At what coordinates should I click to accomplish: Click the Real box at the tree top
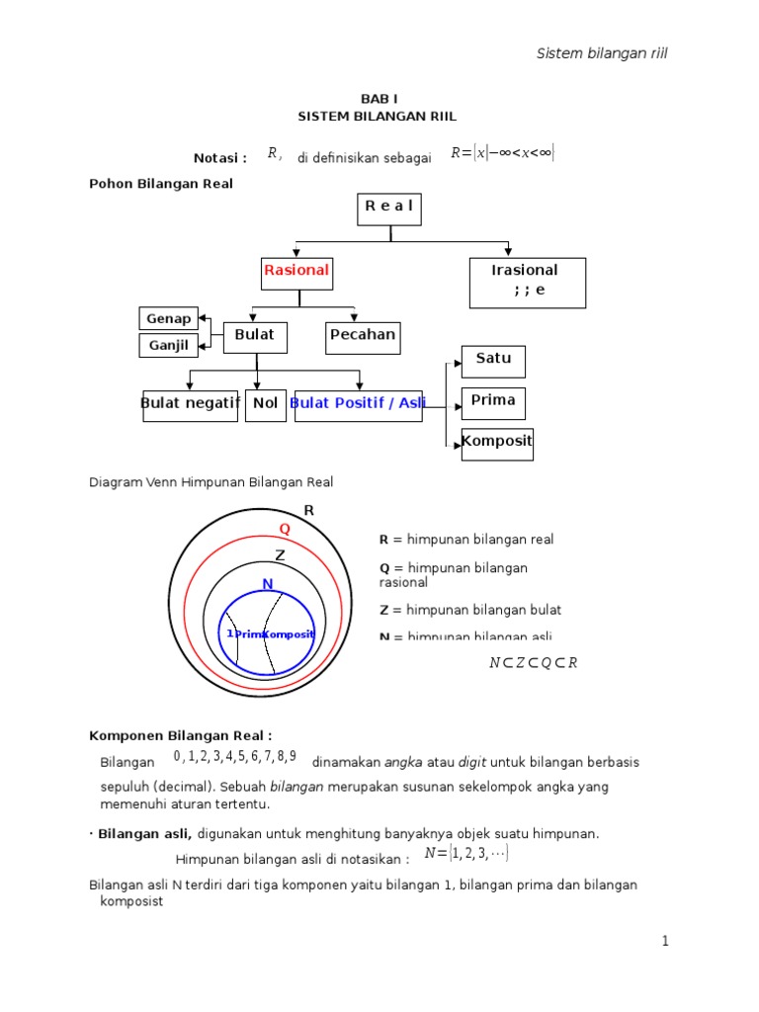coord(389,209)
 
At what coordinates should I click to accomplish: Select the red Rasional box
coord(296,271)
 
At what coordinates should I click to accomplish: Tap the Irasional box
coord(526,282)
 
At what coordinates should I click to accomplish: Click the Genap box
coord(169,318)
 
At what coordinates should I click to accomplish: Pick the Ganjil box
coord(169,346)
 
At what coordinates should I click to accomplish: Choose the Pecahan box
coord(362,336)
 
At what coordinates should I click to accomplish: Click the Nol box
coord(265,404)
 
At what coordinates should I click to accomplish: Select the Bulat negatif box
coord(191,404)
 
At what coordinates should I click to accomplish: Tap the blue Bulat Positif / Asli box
coord(358,404)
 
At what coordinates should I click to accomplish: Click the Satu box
coord(493,361)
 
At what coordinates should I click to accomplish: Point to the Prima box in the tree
coord(494,402)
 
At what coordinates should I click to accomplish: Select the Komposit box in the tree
coord(497,443)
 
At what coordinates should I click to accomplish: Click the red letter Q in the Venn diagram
coord(285,529)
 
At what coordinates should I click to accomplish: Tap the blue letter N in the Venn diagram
coord(267,584)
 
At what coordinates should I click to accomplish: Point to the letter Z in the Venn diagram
coord(280,555)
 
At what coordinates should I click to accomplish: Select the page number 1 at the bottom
coord(666,942)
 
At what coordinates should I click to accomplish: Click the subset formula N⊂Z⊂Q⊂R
coord(533,663)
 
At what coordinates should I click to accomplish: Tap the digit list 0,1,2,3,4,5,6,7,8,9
coord(234,758)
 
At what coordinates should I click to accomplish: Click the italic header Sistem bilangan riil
coord(602,53)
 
